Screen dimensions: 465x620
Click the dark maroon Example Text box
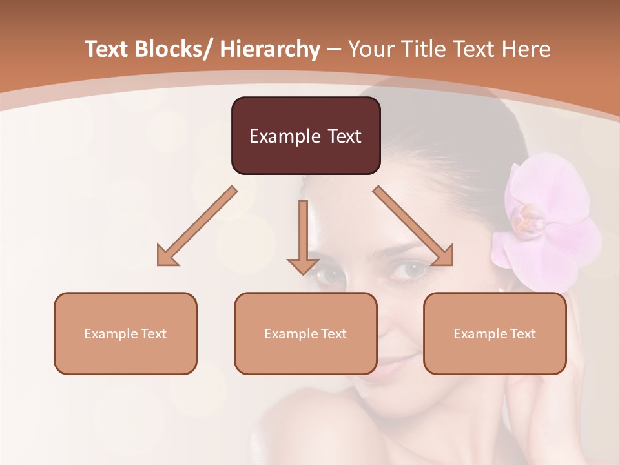tap(305, 136)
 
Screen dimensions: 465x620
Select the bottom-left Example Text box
tap(125, 333)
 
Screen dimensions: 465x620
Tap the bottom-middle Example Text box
tap(305, 333)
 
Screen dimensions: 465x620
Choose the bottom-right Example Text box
tap(495, 333)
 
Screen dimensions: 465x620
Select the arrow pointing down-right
tap(414, 227)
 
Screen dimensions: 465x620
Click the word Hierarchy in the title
tap(270, 49)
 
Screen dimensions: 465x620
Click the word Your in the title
tap(371, 49)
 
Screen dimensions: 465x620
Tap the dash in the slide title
tap(334, 50)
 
